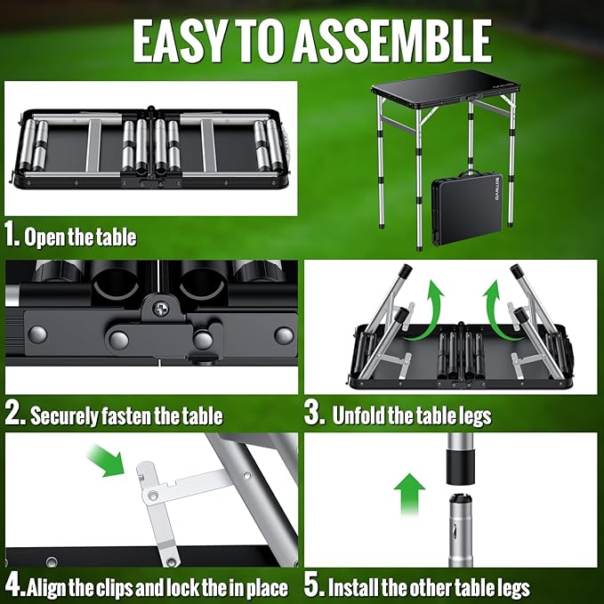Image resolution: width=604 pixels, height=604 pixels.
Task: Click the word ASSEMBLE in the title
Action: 392,41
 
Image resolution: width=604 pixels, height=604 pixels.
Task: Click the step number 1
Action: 12,235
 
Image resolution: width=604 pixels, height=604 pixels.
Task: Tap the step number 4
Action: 14,586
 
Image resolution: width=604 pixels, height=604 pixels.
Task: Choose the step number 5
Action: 313,586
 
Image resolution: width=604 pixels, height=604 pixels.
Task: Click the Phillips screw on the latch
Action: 160,308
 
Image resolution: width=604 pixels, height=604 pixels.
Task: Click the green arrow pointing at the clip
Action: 106,460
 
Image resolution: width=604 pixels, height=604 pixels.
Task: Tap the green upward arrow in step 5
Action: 409,495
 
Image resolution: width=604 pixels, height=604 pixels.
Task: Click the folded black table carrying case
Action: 467,208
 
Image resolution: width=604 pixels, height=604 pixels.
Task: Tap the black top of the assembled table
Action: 446,86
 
